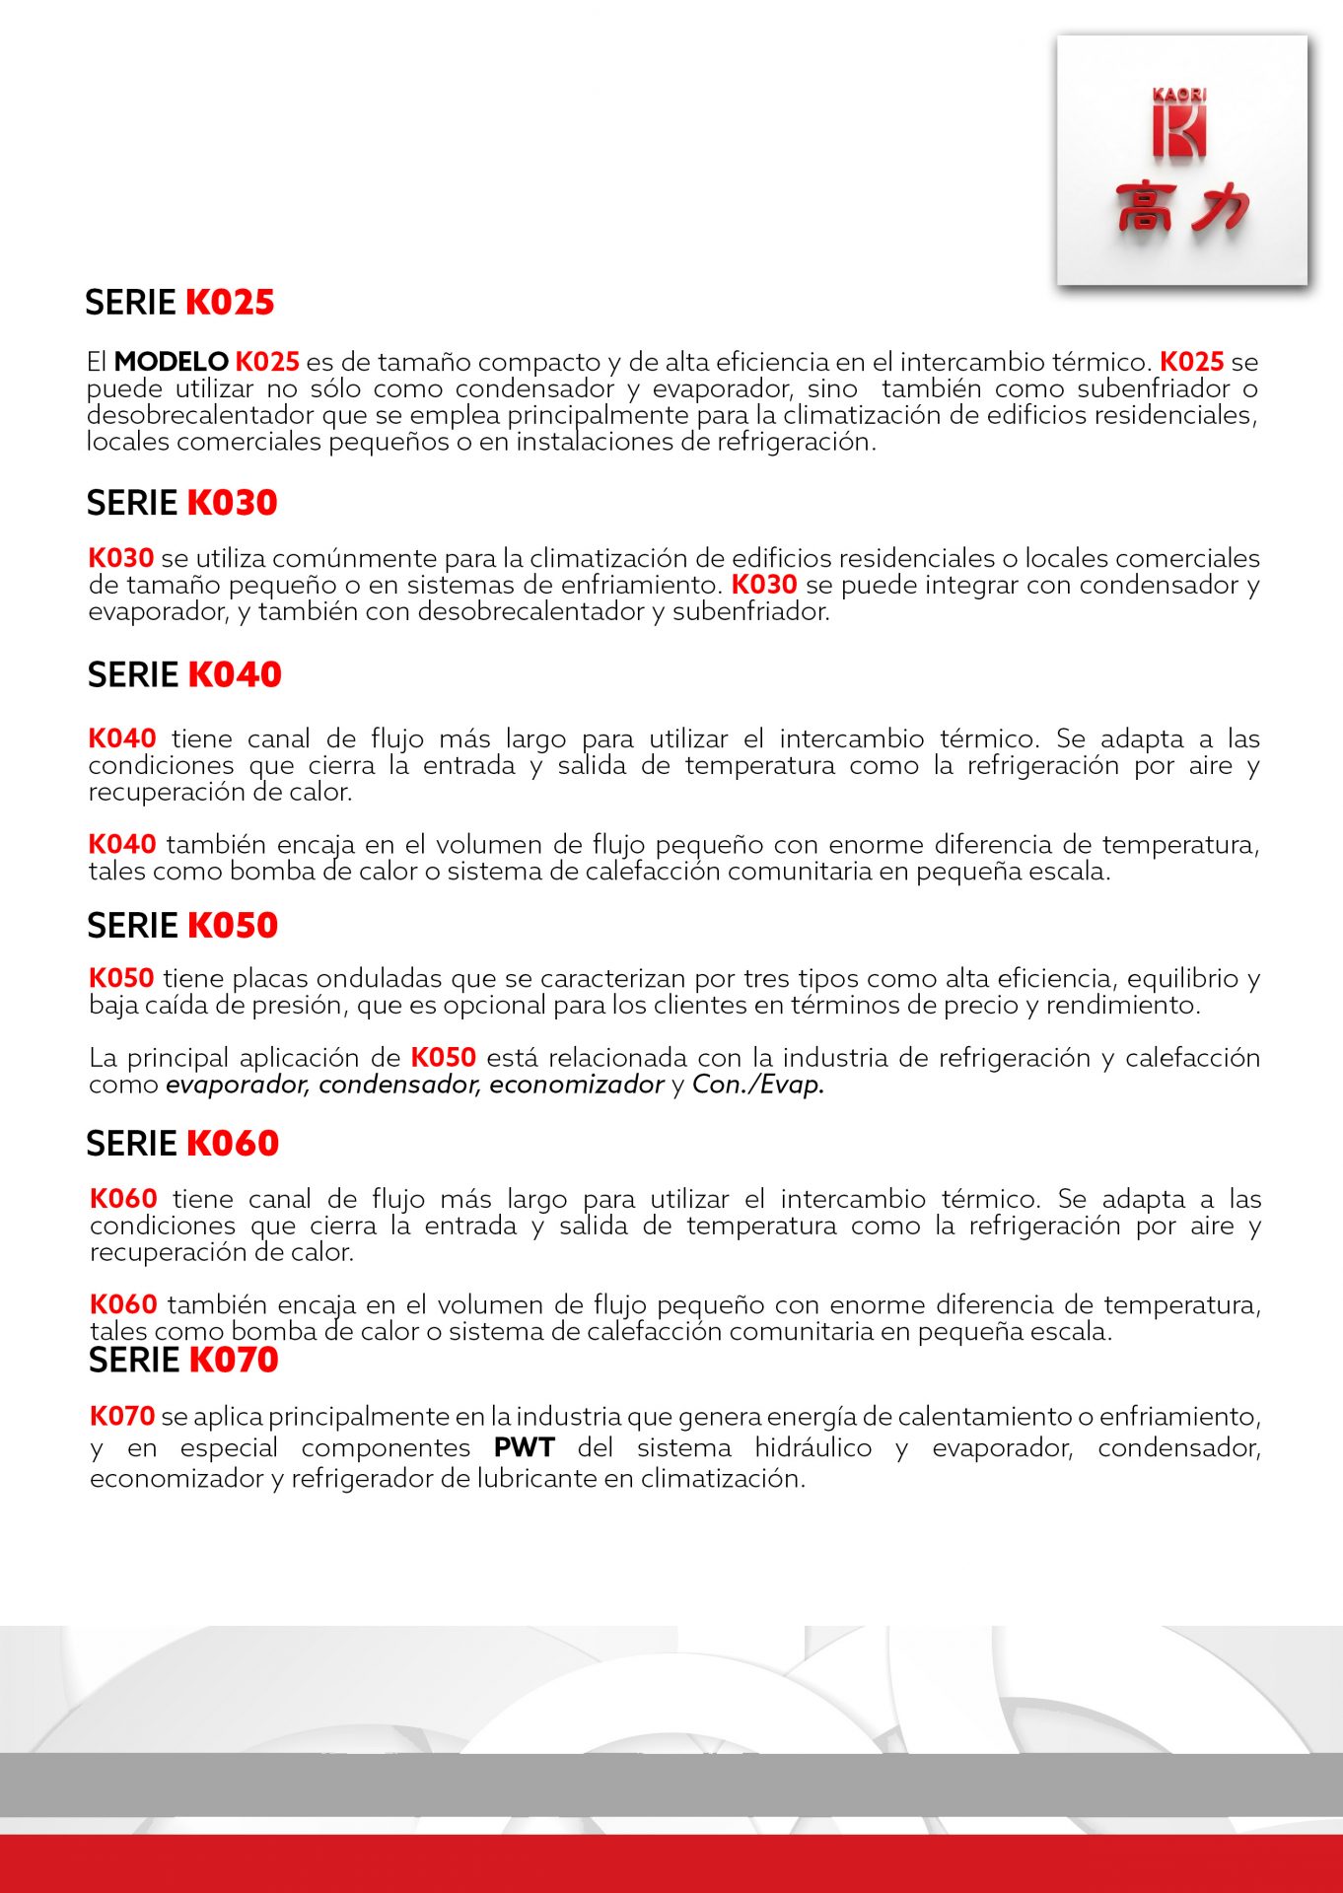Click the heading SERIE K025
pyautogui.click(x=179, y=303)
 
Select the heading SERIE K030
pyautogui.click(x=181, y=503)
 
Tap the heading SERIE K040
pyautogui.click(x=184, y=675)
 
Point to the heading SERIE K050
pyautogui.click(x=182, y=926)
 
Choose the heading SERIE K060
pyautogui.click(x=182, y=1144)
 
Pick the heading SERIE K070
pyautogui.click(x=183, y=1361)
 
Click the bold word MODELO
pyautogui.click(x=172, y=362)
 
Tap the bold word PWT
pyautogui.click(x=525, y=1447)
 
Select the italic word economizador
pyautogui.click(x=576, y=1085)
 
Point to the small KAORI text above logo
pyautogui.click(x=1179, y=95)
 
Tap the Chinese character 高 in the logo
pyautogui.click(x=1145, y=207)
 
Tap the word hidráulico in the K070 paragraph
pyautogui.click(x=813, y=1447)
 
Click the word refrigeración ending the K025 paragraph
pyautogui.click(x=795, y=442)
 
